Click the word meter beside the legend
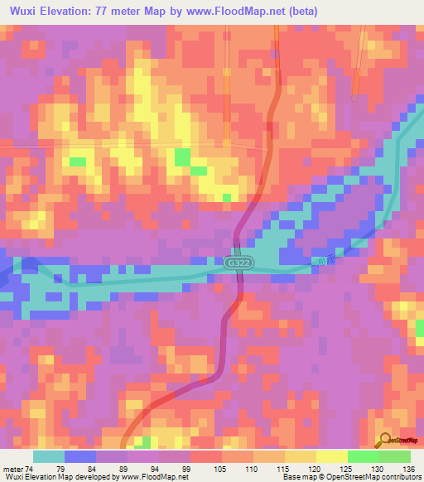[12, 469]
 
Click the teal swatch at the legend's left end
[49, 456]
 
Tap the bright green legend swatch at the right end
[394, 456]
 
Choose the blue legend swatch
[80, 456]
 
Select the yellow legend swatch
[331, 456]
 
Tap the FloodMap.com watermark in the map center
[229, 156]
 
